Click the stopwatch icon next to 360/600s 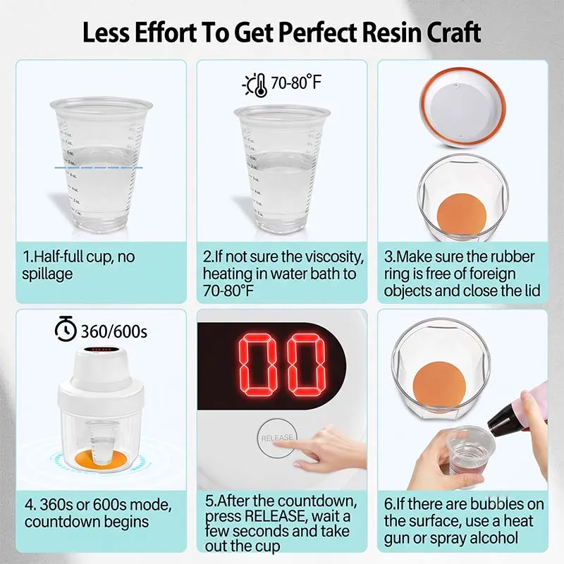coord(66,329)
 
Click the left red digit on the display coord(256,365)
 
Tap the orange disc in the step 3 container coord(462,214)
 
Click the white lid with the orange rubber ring coord(462,108)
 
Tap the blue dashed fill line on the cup coord(99,168)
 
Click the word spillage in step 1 coord(47,274)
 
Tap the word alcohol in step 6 coord(493,538)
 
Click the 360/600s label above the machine coord(114,331)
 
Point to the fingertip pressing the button coord(277,443)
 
